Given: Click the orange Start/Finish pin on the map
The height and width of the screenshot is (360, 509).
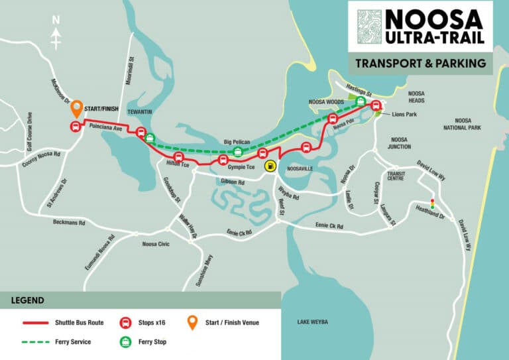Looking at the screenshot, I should point(76,107).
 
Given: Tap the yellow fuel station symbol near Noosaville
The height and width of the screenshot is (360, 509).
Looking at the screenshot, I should point(270,166).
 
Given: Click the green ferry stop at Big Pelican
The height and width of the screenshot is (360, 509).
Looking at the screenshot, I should point(238,153).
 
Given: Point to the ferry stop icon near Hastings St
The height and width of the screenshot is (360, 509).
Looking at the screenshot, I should point(361,101).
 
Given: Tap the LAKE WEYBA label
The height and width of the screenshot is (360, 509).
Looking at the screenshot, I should point(313,322).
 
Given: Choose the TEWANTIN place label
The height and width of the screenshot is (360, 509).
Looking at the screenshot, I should point(141,112).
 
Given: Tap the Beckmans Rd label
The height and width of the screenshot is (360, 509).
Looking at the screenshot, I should point(69,223).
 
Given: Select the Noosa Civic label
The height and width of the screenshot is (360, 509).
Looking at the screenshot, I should point(156,244).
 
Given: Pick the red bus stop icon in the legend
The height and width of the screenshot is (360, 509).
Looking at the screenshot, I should point(123,323).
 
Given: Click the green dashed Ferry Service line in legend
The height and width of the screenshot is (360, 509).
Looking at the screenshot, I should point(46,341).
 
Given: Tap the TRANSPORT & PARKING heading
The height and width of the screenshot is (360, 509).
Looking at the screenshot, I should point(420,64).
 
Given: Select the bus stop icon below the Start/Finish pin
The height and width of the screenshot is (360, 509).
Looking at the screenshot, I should point(75,127).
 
